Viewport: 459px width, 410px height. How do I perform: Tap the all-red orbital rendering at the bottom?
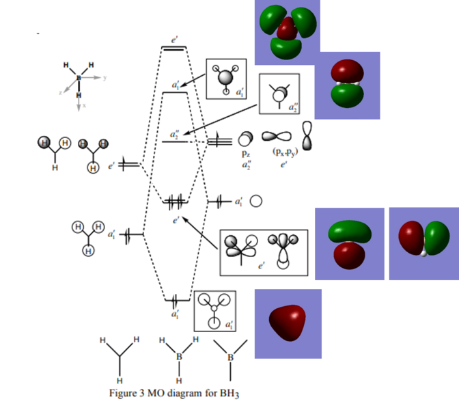click(288, 323)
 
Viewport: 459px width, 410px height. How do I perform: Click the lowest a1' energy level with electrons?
click(176, 301)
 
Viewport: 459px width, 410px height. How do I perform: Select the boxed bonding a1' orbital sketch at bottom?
click(215, 312)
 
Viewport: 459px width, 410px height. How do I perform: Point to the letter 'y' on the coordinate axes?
click(105, 78)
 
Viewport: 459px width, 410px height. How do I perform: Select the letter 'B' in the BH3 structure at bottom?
click(178, 355)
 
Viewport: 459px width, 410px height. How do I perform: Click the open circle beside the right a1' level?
click(256, 202)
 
